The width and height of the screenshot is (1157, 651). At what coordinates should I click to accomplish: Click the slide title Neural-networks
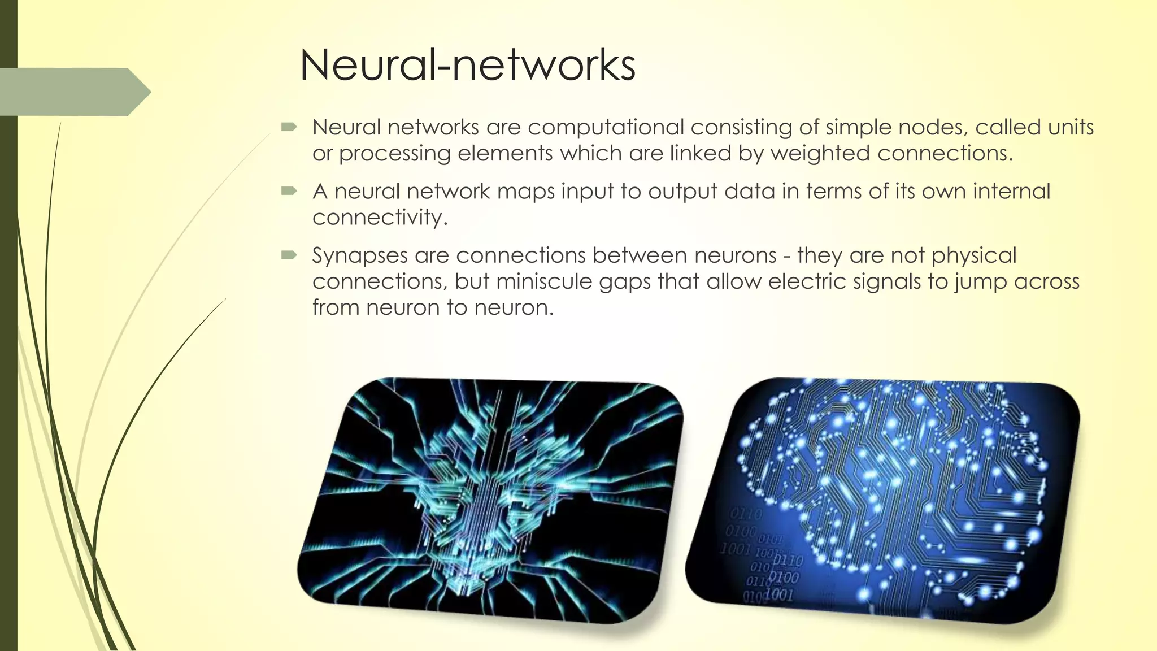point(467,65)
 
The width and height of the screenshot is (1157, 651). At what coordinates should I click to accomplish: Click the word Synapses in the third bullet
point(360,256)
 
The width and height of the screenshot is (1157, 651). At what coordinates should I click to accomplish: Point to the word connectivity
point(380,218)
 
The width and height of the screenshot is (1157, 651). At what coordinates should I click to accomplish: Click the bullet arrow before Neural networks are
point(289,127)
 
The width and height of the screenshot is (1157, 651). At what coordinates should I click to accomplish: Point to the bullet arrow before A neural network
point(289,192)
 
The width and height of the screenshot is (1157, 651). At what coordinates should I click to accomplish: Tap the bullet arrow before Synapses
point(289,255)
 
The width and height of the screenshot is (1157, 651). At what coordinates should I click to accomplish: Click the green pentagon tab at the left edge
point(73,92)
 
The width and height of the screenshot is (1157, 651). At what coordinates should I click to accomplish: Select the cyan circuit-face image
point(489,500)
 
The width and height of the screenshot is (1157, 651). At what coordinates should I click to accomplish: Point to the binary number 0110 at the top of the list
point(746,514)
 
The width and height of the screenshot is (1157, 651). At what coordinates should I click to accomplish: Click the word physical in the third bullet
point(974,256)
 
